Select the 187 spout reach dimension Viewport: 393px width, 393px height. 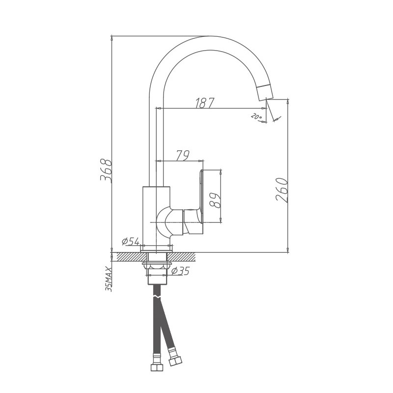[205, 103]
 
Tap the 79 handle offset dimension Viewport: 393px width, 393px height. [182, 156]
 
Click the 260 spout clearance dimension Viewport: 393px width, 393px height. [281, 190]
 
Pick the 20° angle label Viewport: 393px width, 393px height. [256, 117]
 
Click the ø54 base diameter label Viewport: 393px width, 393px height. [131, 241]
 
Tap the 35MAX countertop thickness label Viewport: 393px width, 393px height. [109, 279]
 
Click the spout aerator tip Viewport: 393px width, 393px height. [264, 92]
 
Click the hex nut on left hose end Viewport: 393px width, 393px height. [156, 367]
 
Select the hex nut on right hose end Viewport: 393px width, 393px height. [175, 362]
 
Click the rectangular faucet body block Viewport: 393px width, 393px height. [156, 216]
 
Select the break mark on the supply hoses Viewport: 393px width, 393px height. [157, 297]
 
